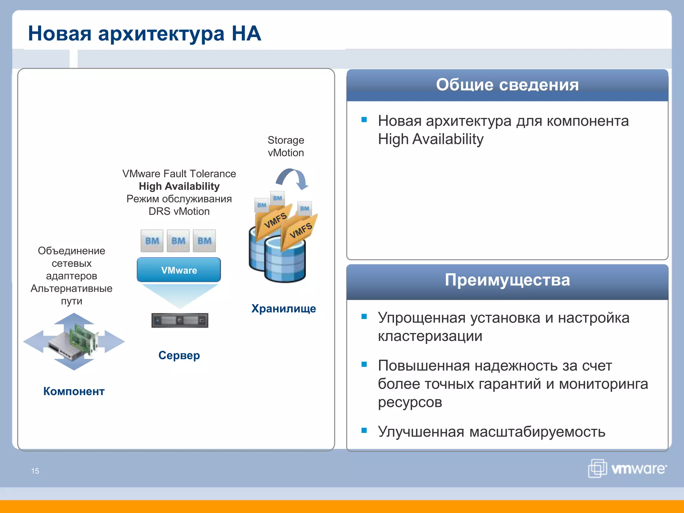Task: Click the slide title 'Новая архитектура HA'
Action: [x=144, y=33]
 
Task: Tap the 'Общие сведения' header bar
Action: [x=507, y=85]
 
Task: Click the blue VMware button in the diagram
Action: [x=179, y=270]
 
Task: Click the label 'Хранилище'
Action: [x=283, y=308]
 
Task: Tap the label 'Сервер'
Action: [x=179, y=355]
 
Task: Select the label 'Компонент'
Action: [x=74, y=391]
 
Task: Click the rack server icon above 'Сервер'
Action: [x=180, y=320]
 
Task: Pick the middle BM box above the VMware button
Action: [x=178, y=240]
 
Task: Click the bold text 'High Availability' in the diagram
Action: [x=179, y=186]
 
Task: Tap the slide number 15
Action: [x=35, y=471]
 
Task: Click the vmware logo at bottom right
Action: [x=627, y=468]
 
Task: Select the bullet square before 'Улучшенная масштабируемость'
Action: [x=364, y=430]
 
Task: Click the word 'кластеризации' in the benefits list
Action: [x=430, y=336]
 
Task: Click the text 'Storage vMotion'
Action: [x=286, y=146]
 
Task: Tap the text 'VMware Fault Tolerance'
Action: [x=179, y=174]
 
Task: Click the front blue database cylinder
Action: [x=285, y=262]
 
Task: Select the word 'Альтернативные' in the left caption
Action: [x=71, y=288]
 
